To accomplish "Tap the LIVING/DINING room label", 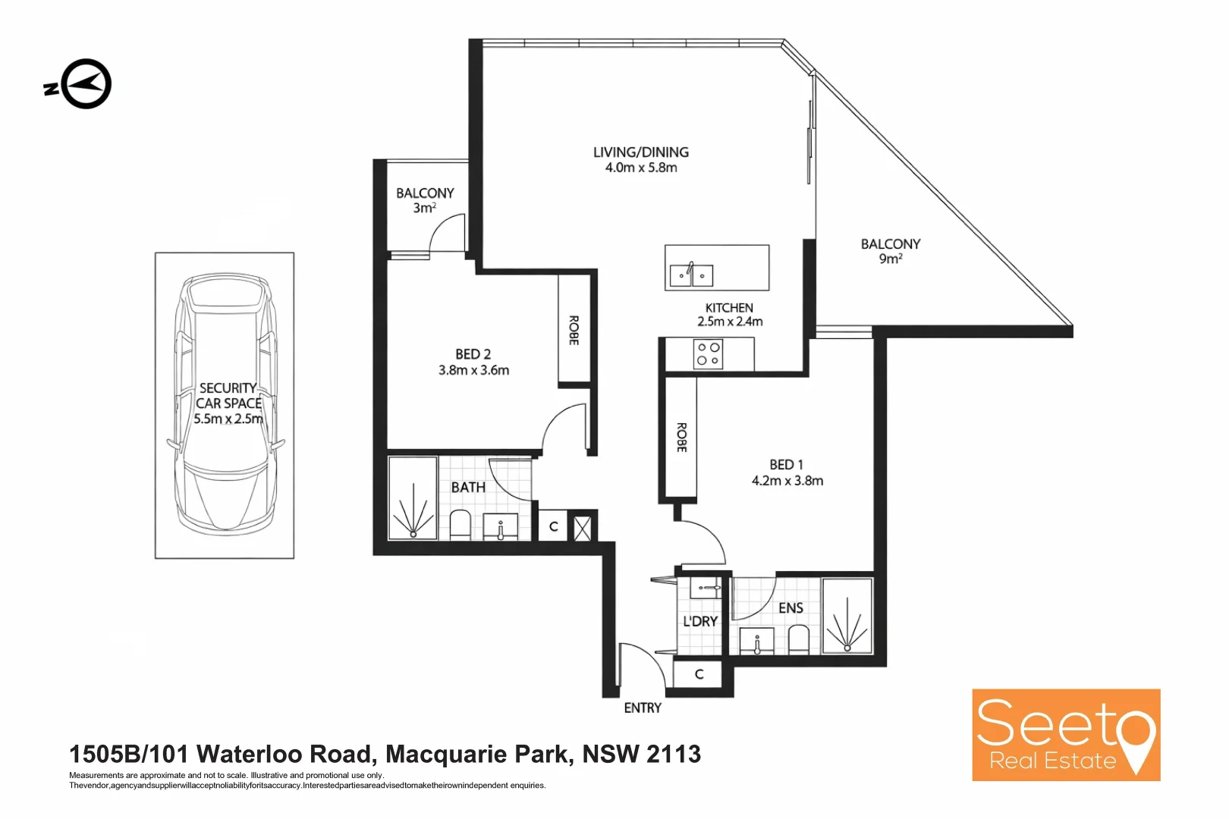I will [641, 152].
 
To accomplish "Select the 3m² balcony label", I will [425, 200].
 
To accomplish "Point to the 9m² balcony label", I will [891, 251].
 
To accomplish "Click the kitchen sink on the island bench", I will [691, 275].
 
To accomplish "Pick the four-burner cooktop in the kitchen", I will [708, 354].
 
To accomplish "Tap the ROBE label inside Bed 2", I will [574, 331].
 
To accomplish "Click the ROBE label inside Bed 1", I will [681, 438].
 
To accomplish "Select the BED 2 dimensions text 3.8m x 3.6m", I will [473, 371].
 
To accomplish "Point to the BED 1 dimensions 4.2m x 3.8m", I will [787, 481].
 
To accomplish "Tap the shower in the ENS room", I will [847, 617].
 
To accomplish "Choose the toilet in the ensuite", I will [799, 640].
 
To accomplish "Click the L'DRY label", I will [699, 622].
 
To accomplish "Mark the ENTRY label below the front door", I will [643, 708].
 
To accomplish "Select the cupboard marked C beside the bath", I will [553, 527].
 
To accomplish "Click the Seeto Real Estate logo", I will [1066, 735].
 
